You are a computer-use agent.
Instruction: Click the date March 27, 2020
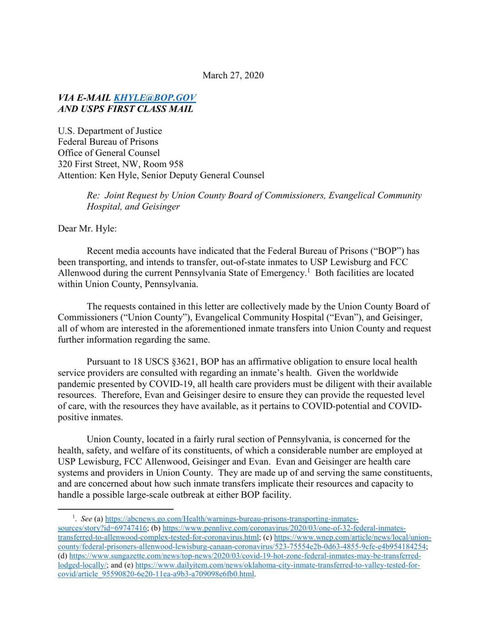pyautogui.click(x=233, y=75)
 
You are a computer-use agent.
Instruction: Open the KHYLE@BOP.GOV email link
pyautogui.click(x=155, y=98)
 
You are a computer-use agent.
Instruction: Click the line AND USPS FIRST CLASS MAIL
pyautogui.click(x=125, y=109)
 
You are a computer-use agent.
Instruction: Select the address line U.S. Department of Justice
pyautogui.click(x=110, y=131)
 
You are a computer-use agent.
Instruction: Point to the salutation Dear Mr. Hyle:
pyautogui.click(x=87, y=228)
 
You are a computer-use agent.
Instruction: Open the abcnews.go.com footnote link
pyautogui.click(x=232, y=519)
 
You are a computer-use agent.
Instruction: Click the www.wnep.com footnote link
pyautogui.click(x=352, y=537)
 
